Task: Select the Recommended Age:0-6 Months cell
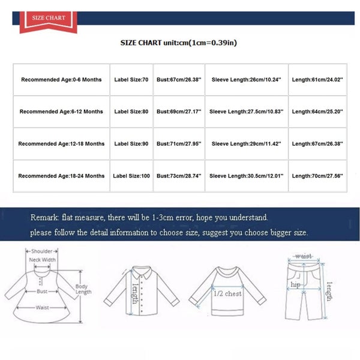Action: click(61, 80)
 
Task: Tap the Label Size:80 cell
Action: click(131, 112)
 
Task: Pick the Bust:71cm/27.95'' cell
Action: click(179, 144)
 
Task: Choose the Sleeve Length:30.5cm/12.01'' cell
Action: click(247, 176)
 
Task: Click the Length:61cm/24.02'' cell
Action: click(317, 80)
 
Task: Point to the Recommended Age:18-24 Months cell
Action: click(61, 176)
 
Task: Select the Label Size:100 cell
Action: click(131, 176)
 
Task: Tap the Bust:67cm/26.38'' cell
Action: click(179, 80)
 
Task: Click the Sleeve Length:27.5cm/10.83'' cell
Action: click(247, 112)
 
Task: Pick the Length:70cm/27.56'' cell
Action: click(317, 176)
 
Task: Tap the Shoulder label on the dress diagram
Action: click(41, 251)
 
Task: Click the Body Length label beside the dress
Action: click(83, 290)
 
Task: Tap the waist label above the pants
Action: click(302, 256)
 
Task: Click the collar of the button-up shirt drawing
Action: click(142, 270)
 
